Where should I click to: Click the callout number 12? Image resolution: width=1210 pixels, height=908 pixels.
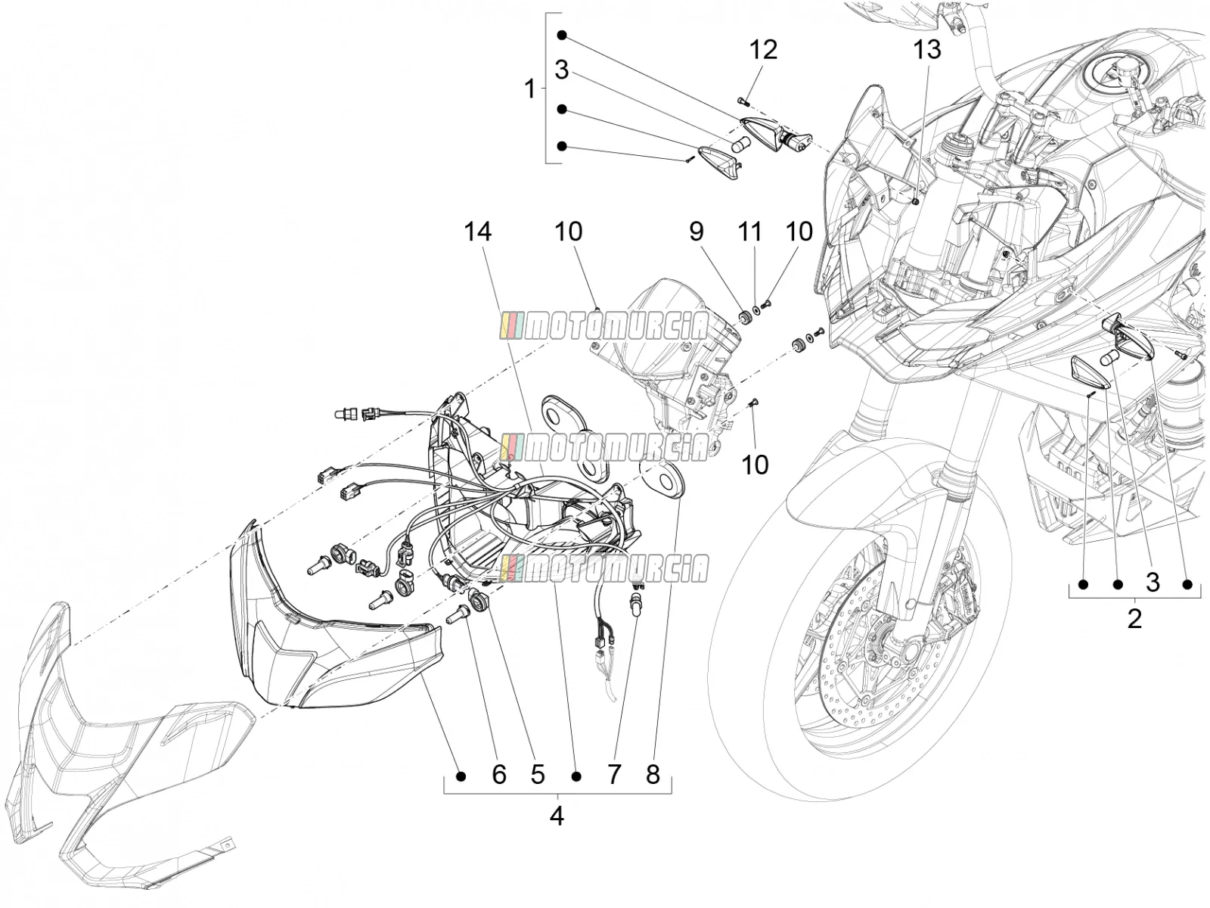[763, 50]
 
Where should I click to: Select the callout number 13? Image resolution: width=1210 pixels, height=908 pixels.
[927, 50]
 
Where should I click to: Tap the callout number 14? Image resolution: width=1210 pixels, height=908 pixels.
[477, 232]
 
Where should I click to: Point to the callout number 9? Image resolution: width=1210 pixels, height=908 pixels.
[697, 232]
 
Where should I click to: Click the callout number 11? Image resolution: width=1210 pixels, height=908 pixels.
[749, 232]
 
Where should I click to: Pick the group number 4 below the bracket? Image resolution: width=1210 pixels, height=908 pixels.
[557, 816]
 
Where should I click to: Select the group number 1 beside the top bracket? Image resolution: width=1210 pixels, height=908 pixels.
[530, 89]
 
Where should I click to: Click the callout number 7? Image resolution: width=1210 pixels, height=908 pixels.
[614, 775]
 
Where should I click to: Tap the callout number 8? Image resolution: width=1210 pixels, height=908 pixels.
[653, 775]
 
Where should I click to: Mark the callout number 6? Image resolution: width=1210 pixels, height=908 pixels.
[499, 775]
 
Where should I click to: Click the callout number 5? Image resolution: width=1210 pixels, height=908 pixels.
[538, 775]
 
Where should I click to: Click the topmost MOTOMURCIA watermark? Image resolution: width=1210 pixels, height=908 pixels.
[603, 326]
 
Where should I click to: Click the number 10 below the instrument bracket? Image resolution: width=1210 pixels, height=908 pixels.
[755, 465]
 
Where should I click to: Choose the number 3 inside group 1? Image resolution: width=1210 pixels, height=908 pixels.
[562, 71]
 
